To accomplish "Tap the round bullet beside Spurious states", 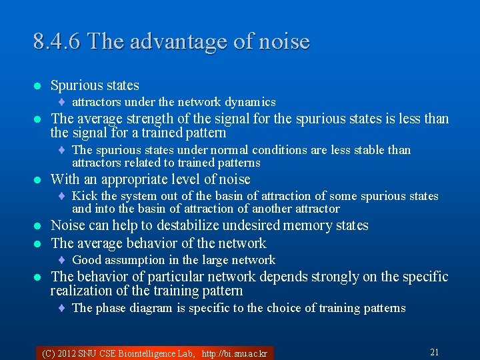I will (x=37, y=86).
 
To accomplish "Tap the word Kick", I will (x=84, y=196).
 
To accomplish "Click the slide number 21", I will (x=434, y=352).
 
